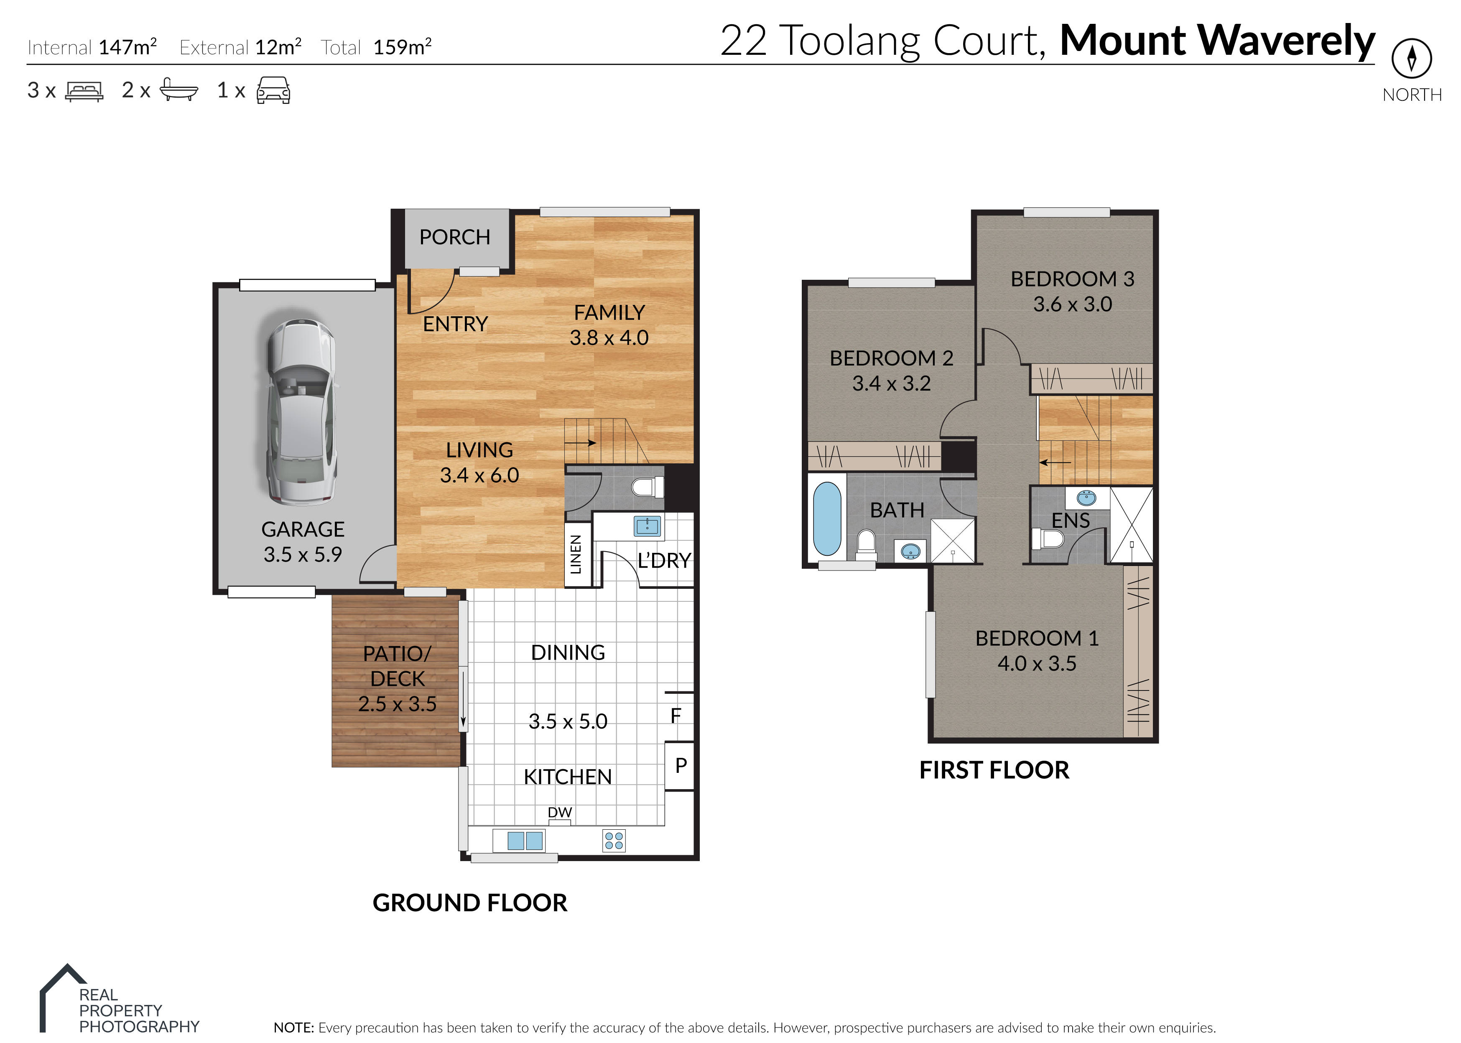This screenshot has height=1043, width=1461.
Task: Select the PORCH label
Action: [454, 237]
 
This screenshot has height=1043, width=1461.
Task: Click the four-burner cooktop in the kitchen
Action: [614, 840]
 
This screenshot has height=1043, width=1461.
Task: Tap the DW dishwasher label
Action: [559, 813]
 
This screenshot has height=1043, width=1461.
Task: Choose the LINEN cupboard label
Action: [576, 554]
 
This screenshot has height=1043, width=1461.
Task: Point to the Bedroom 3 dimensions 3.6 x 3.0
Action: [1072, 304]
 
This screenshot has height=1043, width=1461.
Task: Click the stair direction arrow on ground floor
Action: [581, 442]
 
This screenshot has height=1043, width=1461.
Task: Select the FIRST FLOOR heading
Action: [994, 770]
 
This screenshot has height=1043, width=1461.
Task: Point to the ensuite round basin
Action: [1086, 498]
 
